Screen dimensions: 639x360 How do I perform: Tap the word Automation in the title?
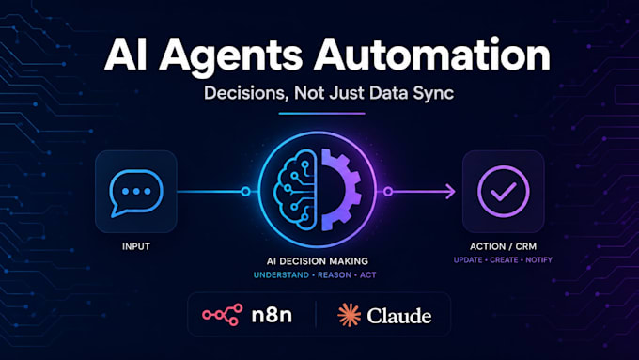pyautogui.click(x=432, y=55)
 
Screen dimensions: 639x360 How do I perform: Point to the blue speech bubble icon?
pyautogui.click(x=136, y=193)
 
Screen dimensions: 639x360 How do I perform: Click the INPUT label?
pyautogui.click(x=136, y=246)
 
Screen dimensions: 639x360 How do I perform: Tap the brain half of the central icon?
pyautogui.click(x=295, y=191)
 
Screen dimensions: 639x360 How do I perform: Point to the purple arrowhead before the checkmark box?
pyautogui.click(x=451, y=191)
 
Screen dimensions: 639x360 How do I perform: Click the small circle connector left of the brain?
pyautogui.click(x=245, y=191)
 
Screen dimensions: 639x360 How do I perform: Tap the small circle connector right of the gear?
pyautogui.click(x=388, y=191)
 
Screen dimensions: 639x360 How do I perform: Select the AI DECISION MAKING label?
pyautogui.click(x=318, y=261)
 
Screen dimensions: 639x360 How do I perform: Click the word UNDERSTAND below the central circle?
pyautogui.click(x=281, y=275)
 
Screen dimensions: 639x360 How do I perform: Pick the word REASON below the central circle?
pyautogui.click(x=335, y=275)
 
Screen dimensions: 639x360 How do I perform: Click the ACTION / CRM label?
pyautogui.click(x=503, y=246)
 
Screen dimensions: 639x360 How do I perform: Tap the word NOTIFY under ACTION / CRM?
pyautogui.click(x=538, y=260)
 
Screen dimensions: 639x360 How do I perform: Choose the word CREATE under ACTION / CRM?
pyautogui.click(x=504, y=260)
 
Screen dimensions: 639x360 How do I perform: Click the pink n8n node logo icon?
pyautogui.click(x=223, y=315)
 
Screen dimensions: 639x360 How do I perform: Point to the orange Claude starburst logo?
pyautogui.click(x=350, y=315)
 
